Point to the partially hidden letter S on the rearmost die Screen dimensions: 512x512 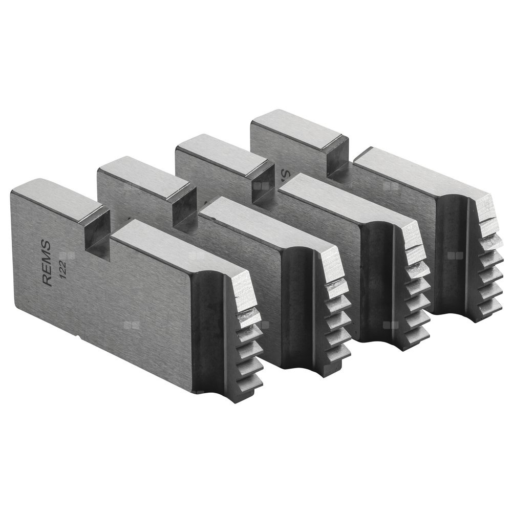[x=285, y=174]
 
